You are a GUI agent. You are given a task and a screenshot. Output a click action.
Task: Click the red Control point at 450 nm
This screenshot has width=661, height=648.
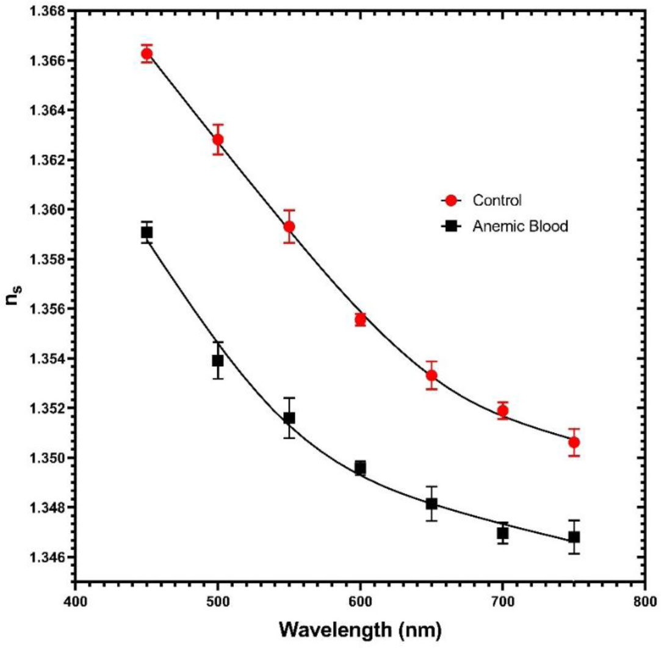click(146, 54)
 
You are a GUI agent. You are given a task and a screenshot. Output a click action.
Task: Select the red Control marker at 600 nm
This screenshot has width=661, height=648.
click(360, 319)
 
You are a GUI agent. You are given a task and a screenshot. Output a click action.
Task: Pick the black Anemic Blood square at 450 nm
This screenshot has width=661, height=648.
click(146, 232)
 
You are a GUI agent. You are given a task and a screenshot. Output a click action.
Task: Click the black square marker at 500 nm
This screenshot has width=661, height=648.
click(218, 361)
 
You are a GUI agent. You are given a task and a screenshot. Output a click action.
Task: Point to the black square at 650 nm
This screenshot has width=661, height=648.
click(432, 503)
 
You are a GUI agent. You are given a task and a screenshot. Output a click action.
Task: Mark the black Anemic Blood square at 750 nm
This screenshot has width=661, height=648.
click(574, 537)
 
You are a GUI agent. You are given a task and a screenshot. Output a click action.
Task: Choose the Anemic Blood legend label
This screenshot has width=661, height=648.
click(520, 225)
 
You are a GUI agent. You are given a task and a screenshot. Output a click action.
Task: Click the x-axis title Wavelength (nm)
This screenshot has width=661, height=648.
click(360, 628)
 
